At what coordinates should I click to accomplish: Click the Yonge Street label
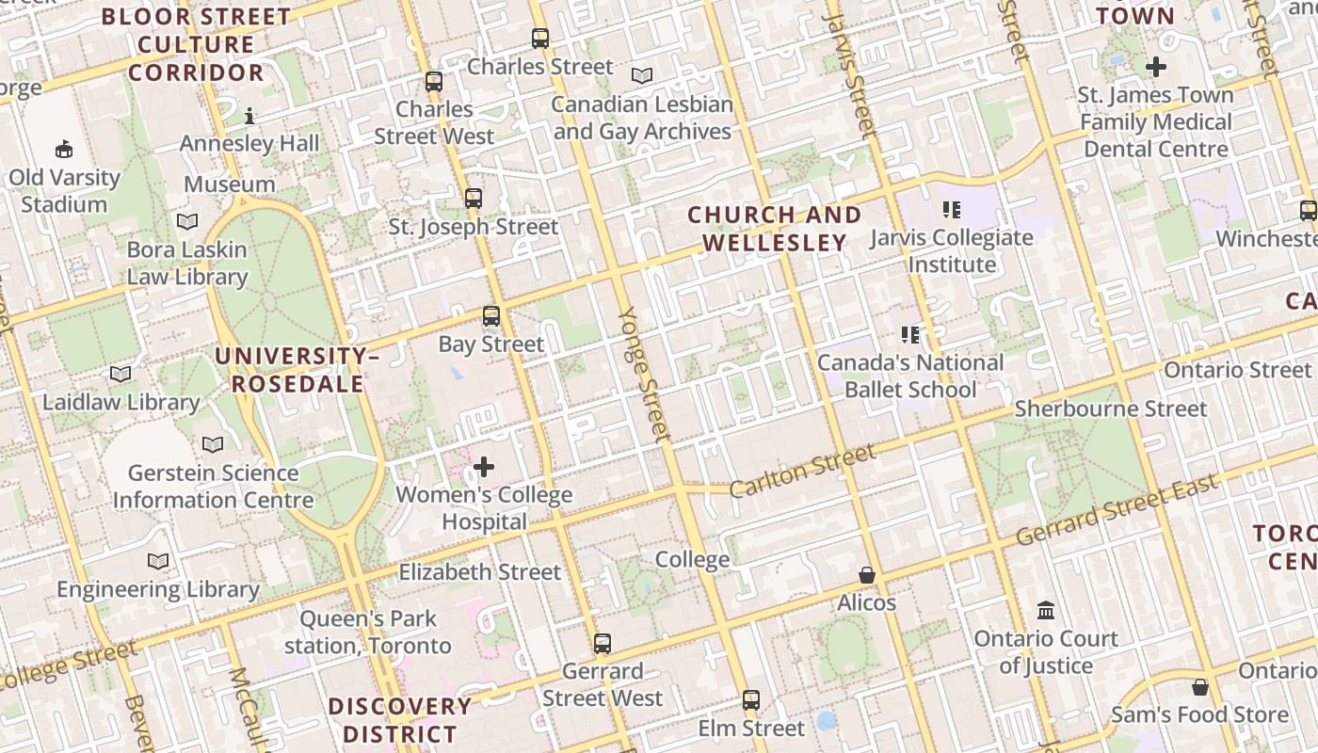coord(645,374)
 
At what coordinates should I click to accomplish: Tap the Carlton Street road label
coord(802,472)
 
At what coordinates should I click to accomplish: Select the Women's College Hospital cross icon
coord(484,467)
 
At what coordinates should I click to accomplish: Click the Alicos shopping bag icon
coord(867,574)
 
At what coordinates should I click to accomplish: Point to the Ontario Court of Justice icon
coord(1046,610)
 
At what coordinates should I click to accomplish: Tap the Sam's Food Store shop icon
coord(1199,687)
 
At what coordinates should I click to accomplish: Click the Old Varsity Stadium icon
coord(64,149)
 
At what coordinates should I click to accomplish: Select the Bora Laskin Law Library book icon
coord(187,221)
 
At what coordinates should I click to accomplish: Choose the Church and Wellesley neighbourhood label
coord(774,229)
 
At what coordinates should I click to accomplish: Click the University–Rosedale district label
coord(297,370)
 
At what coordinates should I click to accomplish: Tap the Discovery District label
coord(400,720)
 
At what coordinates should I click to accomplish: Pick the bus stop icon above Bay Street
coord(491,316)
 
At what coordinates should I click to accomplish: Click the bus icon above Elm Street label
coord(750,700)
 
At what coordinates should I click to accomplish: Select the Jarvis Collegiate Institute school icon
coord(951,210)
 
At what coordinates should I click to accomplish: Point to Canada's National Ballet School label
coord(910,376)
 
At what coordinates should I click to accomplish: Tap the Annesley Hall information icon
coord(249,116)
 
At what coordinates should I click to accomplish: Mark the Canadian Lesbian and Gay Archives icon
coord(642,75)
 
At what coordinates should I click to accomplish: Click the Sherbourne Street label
coord(1110,409)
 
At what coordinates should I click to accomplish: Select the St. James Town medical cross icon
coord(1156,67)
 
